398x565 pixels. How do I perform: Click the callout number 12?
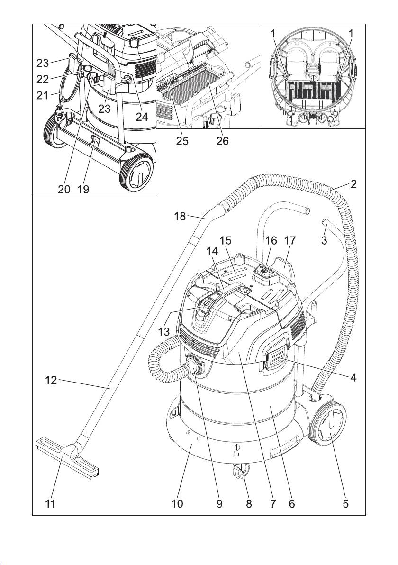click(51, 380)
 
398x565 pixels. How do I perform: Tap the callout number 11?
click(50, 503)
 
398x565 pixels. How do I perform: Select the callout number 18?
click(180, 216)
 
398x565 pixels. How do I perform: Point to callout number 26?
click(222, 141)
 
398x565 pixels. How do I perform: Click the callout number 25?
click(182, 141)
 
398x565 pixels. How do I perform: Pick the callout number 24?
click(142, 117)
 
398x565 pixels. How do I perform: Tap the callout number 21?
click(43, 95)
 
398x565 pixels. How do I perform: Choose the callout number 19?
click(83, 189)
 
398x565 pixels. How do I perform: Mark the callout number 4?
click(353, 377)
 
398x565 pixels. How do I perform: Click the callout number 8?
click(249, 503)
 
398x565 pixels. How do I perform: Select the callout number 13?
click(164, 331)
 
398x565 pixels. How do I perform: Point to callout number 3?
click(324, 240)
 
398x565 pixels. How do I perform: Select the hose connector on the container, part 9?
click(197, 367)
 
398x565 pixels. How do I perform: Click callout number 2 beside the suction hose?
click(353, 184)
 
